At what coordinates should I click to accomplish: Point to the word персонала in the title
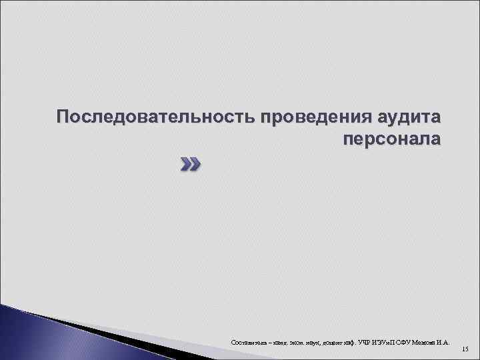coord(391,139)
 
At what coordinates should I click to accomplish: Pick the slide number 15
coord(465,349)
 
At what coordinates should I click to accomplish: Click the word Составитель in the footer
coord(246,343)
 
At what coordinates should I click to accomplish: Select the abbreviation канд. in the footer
coord(277,343)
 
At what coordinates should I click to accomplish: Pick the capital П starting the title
coord(62,117)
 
